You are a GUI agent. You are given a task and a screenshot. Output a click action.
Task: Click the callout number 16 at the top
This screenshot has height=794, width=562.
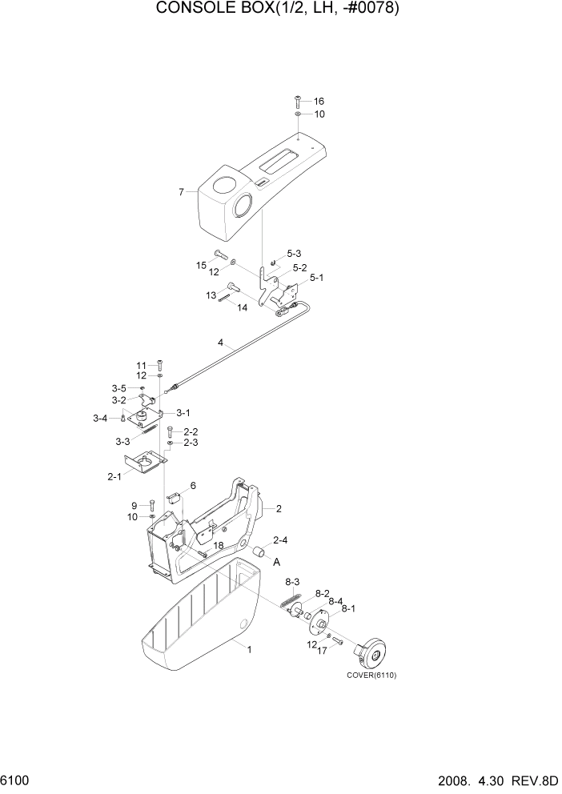319,102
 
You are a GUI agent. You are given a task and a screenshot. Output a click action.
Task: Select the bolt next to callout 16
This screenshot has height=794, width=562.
298,101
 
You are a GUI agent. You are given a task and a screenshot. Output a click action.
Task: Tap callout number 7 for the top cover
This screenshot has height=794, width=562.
182,192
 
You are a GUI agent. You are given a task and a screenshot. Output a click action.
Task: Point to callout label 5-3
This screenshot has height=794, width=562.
293,253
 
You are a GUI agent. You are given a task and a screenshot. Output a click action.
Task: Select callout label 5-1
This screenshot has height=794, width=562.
316,278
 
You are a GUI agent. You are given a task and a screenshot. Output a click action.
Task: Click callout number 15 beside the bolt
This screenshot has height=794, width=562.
203,265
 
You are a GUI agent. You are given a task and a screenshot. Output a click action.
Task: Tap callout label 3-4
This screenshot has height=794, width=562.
100,418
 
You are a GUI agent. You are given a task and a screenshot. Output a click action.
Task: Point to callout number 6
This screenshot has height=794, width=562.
193,486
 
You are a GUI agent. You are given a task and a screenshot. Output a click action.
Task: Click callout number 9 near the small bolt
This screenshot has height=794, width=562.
134,505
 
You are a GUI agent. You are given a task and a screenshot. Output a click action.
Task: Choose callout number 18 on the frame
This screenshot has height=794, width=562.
218,545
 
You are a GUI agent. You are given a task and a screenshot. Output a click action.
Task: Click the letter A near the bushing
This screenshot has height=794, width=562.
277,563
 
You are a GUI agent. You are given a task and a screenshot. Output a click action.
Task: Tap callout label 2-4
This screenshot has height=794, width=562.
281,539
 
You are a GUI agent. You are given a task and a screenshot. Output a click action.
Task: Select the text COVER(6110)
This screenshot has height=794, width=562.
371,675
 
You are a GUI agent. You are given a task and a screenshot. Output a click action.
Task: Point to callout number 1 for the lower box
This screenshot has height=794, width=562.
249,650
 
